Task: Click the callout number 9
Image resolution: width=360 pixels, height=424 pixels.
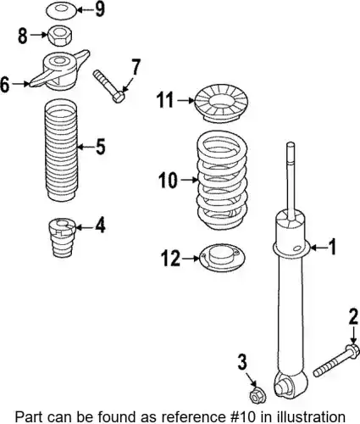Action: pos(100,9)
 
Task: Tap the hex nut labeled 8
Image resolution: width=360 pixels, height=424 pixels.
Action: pos(61,36)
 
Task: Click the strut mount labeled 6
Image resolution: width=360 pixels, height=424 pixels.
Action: pos(60,70)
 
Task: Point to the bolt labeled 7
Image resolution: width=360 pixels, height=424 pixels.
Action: pos(108,86)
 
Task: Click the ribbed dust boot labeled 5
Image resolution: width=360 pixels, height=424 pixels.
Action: pos(61,150)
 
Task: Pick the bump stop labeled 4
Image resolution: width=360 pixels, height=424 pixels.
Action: pos(62,237)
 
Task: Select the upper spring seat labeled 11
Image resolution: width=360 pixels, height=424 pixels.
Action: pos(221,103)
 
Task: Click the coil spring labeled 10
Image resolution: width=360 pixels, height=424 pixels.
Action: pos(222,180)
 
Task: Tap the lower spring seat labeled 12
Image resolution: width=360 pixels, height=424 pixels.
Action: pos(222,258)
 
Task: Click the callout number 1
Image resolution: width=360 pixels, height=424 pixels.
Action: pos(333,247)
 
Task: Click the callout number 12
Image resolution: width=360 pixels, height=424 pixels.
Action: pos(170,258)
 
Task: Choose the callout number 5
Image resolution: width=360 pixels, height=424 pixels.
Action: pos(100,147)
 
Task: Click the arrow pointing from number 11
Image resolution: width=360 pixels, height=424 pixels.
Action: pos(186,100)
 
